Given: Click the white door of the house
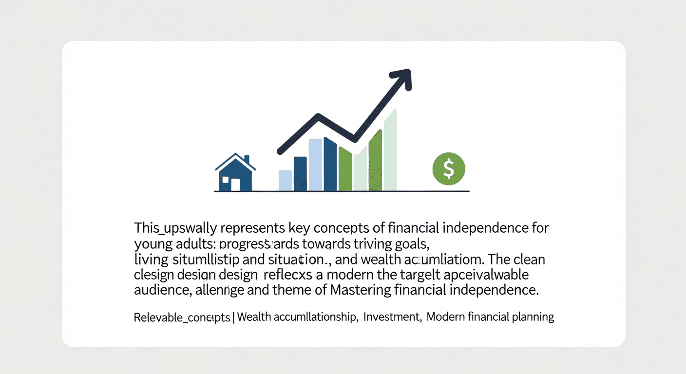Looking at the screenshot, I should pyautogui.click(x=235, y=185).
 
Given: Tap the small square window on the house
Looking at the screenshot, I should pyautogui.click(x=225, y=180).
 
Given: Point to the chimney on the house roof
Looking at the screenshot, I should pyautogui.click(x=247, y=160).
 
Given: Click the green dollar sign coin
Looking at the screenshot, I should pyautogui.click(x=449, y=168).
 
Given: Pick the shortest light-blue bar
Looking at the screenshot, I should pyautogui.click(x=285, y=180).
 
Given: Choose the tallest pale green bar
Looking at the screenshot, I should pyautogui.click(x=390, y=150).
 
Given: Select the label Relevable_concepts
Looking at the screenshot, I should pyautogui.click(x=182, y=318).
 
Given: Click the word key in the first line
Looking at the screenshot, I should pyautogui.click(x=289, y=227).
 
